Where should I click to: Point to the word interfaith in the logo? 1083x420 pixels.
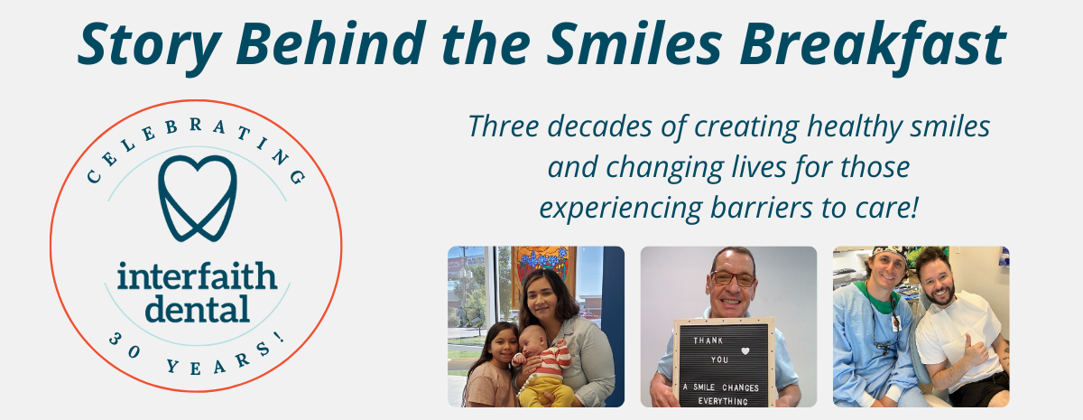coord(196,276)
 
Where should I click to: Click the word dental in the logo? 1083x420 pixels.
coord(196,309)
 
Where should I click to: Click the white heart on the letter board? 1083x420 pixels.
coord(745,350)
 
